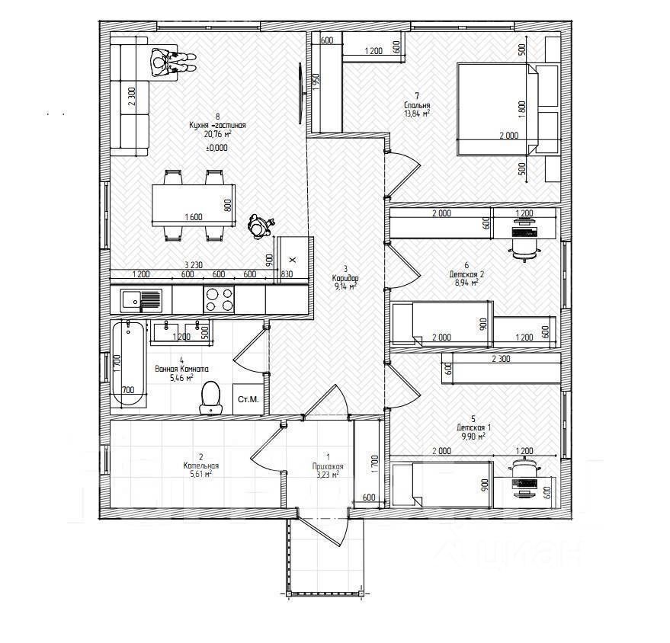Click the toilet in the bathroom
coord(210,397)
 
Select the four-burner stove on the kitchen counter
coord(220,298)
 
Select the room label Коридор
coord(345,277)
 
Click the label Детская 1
coord(474,427)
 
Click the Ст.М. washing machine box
coord(247,399)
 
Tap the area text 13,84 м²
coord(417,114)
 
